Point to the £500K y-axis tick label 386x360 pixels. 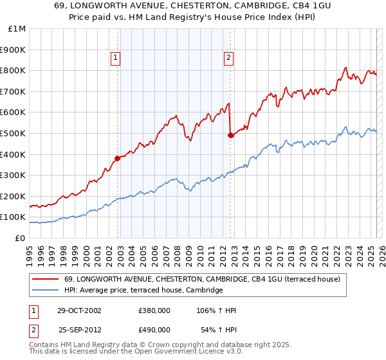14,133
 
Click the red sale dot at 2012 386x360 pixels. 230,135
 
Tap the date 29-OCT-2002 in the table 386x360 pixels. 79,310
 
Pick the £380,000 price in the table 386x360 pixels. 154,310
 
